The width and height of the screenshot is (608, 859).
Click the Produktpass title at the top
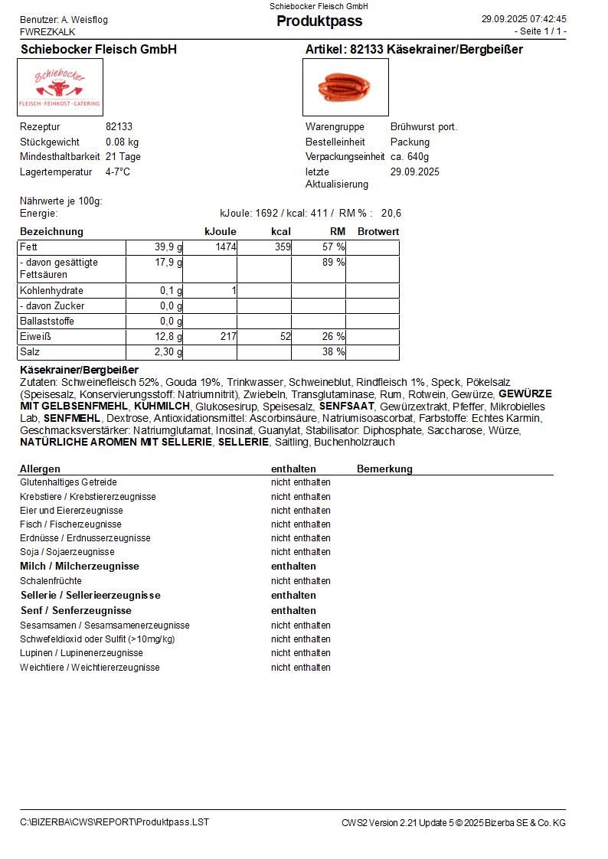click(319, 21)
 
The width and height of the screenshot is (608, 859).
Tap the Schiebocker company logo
click(60, 87)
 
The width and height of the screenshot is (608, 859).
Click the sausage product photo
click(345, 87)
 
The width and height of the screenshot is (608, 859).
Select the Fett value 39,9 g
click(168, 247)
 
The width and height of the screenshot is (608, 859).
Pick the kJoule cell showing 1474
click(225, 247)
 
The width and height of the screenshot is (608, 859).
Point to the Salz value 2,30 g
click(168, 352)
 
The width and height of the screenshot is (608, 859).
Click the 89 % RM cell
click(333, 263)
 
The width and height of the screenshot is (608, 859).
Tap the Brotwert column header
click(378, 231)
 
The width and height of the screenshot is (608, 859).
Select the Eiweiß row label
click(35, 337)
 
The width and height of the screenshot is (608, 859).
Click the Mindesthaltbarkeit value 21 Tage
click(123, 157)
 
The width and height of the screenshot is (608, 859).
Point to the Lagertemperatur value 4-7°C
click(118, 172)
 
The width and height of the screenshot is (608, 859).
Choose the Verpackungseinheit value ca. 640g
click(410, 157)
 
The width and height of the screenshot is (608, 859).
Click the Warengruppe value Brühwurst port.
click(423, 127)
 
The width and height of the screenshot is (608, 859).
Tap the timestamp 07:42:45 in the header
click(545, 19)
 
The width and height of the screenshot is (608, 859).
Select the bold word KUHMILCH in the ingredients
click(162, 407)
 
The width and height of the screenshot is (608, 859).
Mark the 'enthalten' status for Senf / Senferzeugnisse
click(293, 611)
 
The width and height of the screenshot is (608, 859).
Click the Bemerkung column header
click(384, 469)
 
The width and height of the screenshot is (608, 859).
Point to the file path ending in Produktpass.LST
click(114, 822)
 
